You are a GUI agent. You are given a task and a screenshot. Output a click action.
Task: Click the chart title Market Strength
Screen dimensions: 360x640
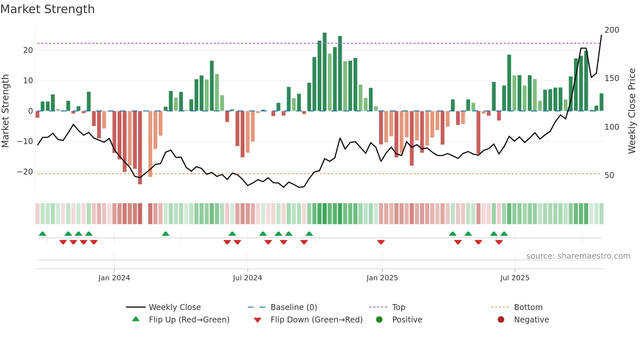click(47, 9)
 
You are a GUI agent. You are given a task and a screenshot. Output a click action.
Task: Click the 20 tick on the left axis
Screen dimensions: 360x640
click(28, 50)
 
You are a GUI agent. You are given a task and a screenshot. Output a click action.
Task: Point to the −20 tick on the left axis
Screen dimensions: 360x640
click(25, 172)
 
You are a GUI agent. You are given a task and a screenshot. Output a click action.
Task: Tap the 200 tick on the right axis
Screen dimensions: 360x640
click(612, 30)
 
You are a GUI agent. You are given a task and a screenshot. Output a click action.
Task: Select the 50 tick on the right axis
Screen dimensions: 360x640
click(609, 175)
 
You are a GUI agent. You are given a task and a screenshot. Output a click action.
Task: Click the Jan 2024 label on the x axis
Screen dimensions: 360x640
click(114, 278)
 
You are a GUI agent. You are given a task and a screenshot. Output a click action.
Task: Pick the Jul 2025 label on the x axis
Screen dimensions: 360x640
click(515, 278)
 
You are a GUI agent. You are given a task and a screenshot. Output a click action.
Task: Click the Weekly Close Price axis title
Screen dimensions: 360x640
click(632, 111)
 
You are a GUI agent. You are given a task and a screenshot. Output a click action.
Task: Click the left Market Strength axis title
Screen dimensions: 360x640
click(6, 111)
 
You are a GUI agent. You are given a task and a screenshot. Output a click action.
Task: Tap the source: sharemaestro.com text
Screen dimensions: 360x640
click(578, 256)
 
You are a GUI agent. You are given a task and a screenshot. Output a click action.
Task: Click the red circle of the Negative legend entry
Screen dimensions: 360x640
click(501, 320)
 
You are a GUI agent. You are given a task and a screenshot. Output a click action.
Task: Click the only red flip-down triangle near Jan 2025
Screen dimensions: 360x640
click(381, 242)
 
